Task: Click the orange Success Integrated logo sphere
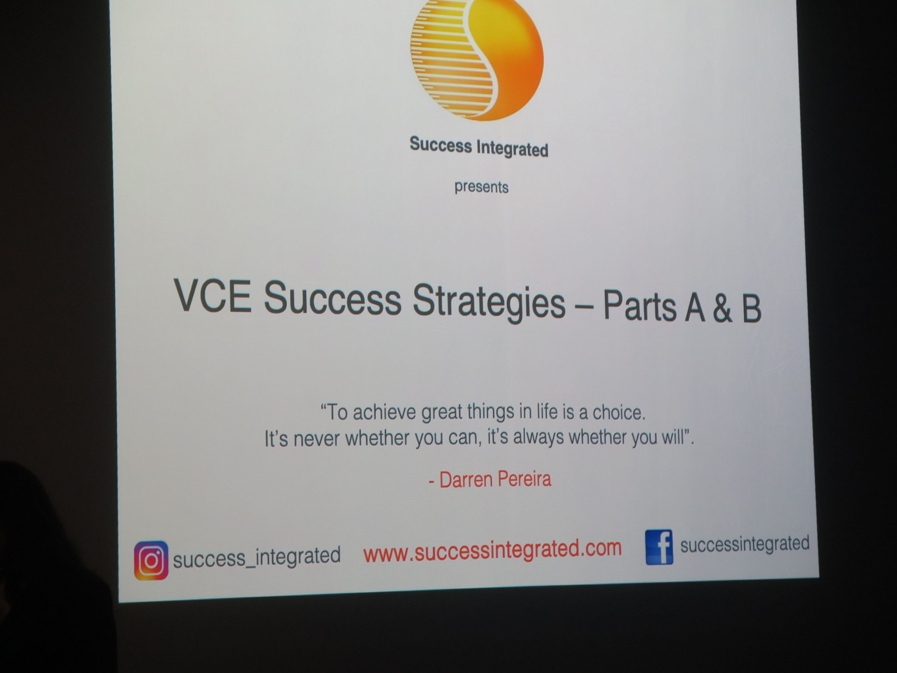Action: [x=477, y=57]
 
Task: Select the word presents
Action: [x=482, y=187]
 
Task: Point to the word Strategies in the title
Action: [x=489, y=302]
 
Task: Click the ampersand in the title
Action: [x=722, y=308]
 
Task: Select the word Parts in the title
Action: [x=639, y=305]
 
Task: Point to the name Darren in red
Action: [x=466, y=480]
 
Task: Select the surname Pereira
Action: [x=523, y=479]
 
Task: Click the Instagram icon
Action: [x=151, y=560]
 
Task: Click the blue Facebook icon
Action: [x=659, y=547]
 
